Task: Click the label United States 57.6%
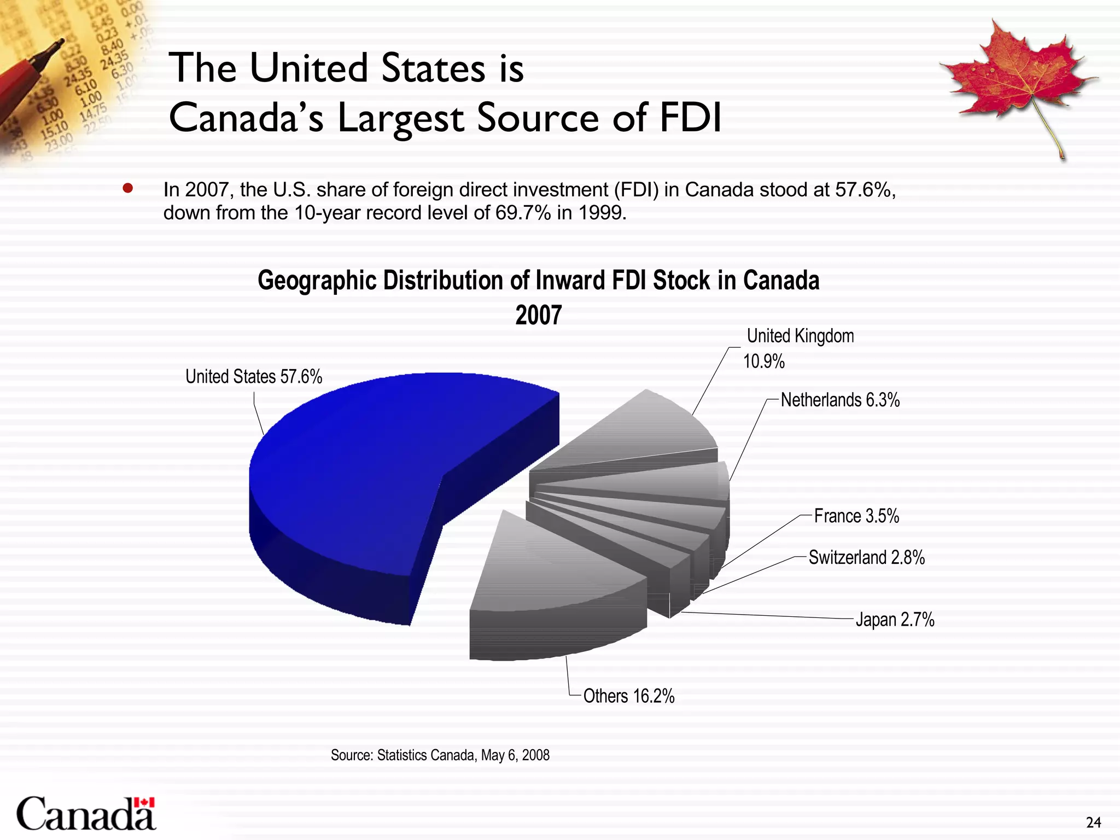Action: (254, 377)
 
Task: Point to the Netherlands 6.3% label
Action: (840, 400)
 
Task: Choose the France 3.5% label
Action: (856, 516)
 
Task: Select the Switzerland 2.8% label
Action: (867, 557)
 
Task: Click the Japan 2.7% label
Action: (895, 620)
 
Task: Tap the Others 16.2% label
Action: (629, 696)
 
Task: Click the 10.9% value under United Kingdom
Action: (764, 361)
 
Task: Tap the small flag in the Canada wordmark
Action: (144, 802)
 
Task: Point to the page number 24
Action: (1093, 822)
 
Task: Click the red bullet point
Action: (128, 189)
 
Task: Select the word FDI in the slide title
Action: (690, 118)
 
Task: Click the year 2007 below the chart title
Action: (539, 316)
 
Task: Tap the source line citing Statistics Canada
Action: (440, 755)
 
